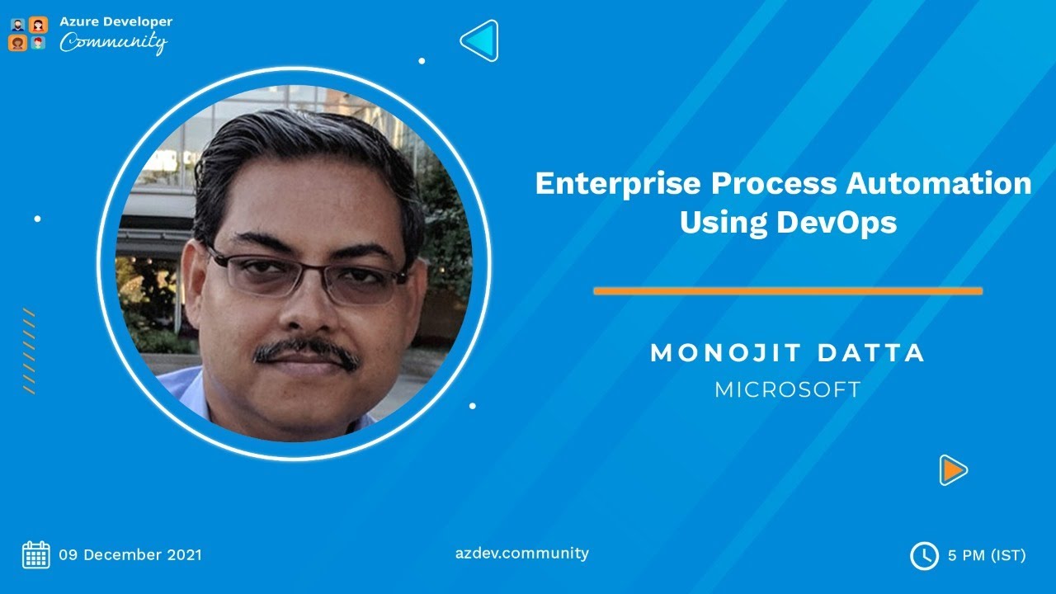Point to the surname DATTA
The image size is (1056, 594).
coord(871,353)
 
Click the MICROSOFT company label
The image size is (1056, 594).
coord(788,389)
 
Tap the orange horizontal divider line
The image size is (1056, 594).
coord(788,291)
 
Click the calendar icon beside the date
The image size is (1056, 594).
coord(36,554)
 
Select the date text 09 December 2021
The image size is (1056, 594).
coord(130,554)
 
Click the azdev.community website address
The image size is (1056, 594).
coord(522,553)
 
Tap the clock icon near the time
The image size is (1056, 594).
coord(924,555)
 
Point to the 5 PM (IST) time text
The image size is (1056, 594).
coord(987,555)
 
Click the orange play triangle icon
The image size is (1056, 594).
coord(953,470)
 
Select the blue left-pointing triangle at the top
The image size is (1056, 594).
coord(480,40)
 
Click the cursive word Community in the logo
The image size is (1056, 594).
coord(113,42)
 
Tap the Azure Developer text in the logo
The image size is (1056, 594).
coord(115,21)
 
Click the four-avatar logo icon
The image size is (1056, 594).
coord(28,34)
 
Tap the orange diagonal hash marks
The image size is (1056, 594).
coord(29,351)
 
